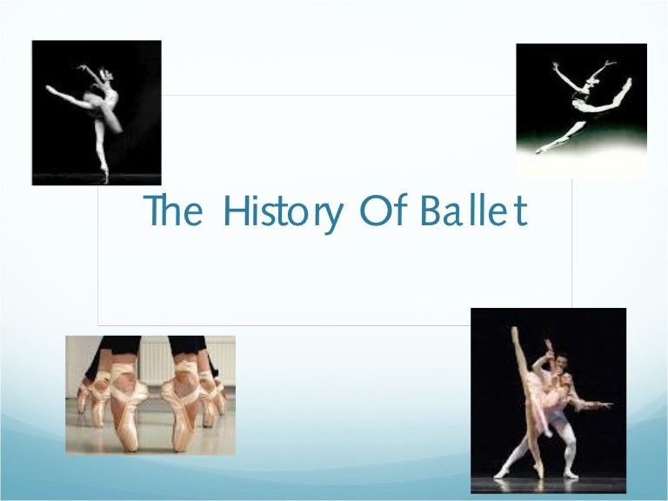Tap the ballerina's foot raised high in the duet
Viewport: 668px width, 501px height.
(514, 331)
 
